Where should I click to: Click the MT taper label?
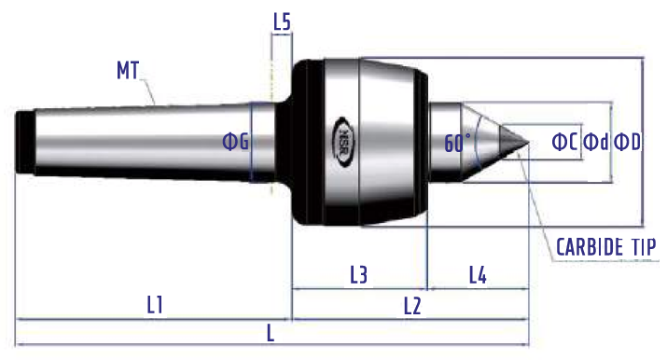[x=128, y=71]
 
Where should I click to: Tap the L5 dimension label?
[x=282, y=22]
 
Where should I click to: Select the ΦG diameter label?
[x=236, y=142]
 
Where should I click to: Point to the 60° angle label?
[x=458, y=143]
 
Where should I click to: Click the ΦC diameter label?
[x=564, y=142]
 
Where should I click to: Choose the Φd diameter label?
[x=596, y=142]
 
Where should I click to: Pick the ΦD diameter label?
[x=628, y=142]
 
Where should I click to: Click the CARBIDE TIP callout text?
[x=606, y=247]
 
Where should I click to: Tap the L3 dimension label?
[x=358, y=275]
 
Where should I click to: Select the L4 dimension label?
[x=478, y=275]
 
